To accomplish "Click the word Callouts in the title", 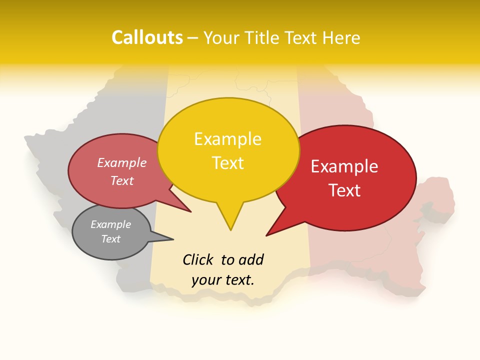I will coord(147,38).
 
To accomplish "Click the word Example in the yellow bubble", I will coord(227,139).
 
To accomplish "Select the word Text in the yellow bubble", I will coord(227,163).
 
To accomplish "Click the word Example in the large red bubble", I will coord(344,166).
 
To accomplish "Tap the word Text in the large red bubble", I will coord(344,190).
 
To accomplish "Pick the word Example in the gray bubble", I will coord(110,224).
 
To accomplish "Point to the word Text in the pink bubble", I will coord(122,180).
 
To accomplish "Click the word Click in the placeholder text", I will coord(197,259).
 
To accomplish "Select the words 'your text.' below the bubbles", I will coord(223,280).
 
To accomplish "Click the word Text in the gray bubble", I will coord(110,239).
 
